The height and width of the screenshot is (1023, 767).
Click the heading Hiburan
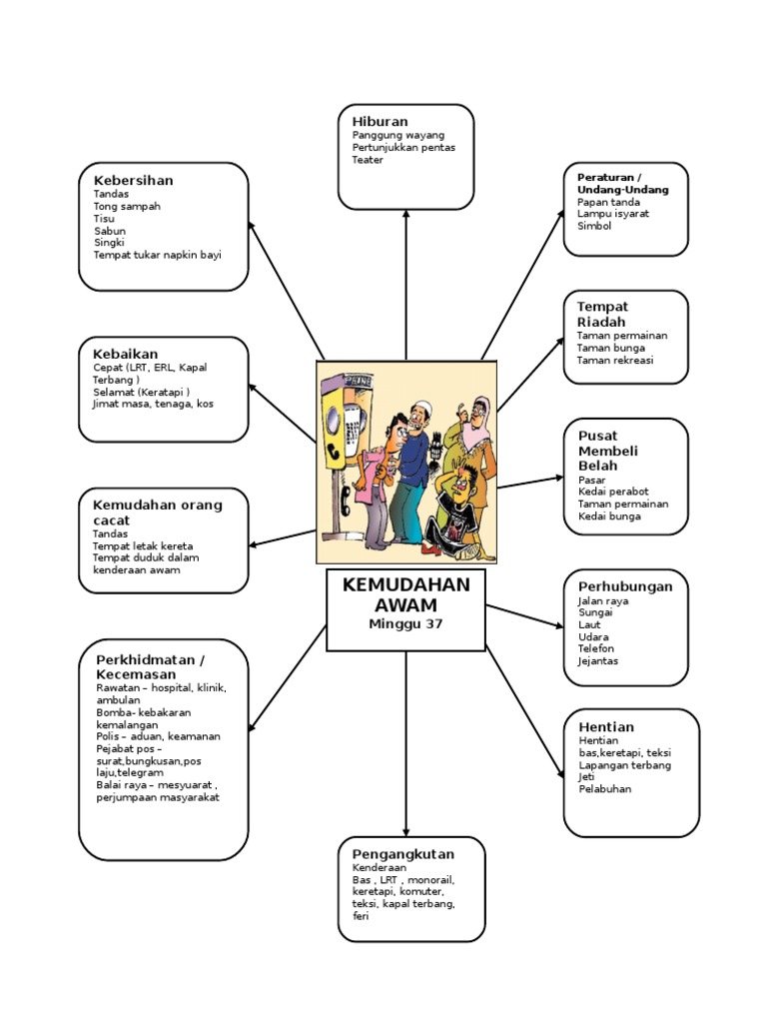[x=380, y=121]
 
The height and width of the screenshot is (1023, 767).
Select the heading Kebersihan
[x=133, y=180]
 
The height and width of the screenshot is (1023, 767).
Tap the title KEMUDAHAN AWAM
[x=405, y=594]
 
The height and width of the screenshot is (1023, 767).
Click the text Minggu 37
[x=405, y=623]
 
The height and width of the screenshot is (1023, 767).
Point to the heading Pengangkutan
[x=402, y=854]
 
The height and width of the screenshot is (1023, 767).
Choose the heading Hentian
[x=606, y=726]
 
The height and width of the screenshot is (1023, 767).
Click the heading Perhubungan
[x=625, y=585]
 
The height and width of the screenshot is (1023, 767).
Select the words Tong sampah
[x=127, y=206]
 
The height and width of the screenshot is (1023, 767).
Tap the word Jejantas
[x=598, y=660]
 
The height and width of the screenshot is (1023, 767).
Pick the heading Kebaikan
[x=126, y=354]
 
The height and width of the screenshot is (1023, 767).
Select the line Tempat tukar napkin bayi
[x=157, y=255]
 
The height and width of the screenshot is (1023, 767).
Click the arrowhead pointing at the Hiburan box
[x=405, y=214]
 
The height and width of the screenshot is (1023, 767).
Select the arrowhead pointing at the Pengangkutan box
[x=405, y=831]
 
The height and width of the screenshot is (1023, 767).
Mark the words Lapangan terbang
[x=624, y=765]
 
